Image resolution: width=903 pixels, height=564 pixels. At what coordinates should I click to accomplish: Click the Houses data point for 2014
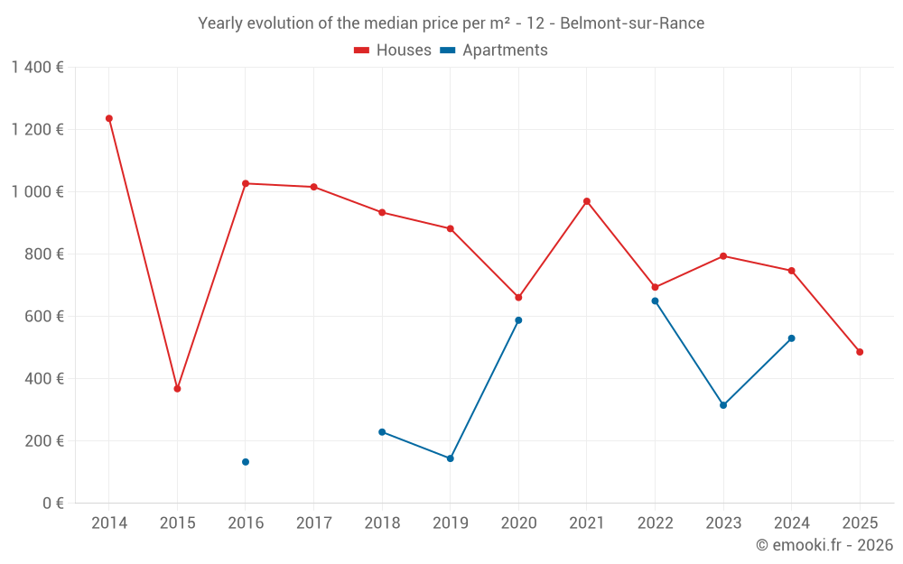click(x=109, y=118)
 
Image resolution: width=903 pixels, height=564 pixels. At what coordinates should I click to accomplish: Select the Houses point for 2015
click(x=177, y=389)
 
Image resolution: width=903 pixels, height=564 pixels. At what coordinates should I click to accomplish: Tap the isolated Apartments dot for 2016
click(x=246, y=462)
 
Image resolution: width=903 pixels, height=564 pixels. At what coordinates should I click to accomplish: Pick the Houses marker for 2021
click(x=587, y=201)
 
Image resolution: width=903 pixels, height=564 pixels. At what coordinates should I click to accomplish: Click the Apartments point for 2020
click(x=518, y=320)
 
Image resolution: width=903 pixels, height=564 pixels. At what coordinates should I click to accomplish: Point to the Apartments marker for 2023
click(x=723, y=405)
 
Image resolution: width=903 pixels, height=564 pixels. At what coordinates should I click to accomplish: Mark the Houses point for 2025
click(x=860, y=352)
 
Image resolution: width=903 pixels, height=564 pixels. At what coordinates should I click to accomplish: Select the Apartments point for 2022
click(x=655, y=300)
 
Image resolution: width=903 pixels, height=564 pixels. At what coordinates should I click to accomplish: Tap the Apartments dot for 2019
click(x=451, y=458)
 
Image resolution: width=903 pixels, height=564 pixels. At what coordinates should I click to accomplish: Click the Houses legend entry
click(x=393, y=51)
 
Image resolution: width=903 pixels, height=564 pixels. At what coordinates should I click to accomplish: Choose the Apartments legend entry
click(x=494, y=51)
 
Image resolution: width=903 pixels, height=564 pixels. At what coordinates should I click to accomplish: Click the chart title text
click(x=451, y=23)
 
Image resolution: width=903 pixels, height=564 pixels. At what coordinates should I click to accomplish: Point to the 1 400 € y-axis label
click(x=37, y=68)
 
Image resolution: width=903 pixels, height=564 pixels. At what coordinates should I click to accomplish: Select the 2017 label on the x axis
click(x=313, y=523)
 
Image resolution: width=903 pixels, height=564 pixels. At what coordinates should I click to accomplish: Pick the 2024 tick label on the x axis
click(x=792, y=523)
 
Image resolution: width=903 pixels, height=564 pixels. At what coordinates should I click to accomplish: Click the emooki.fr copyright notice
click(x=824, y=545)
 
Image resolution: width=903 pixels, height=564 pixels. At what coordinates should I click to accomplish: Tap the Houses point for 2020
click(x=518, y=298)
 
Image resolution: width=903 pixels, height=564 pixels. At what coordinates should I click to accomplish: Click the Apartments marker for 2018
click(x=382, y=432)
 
